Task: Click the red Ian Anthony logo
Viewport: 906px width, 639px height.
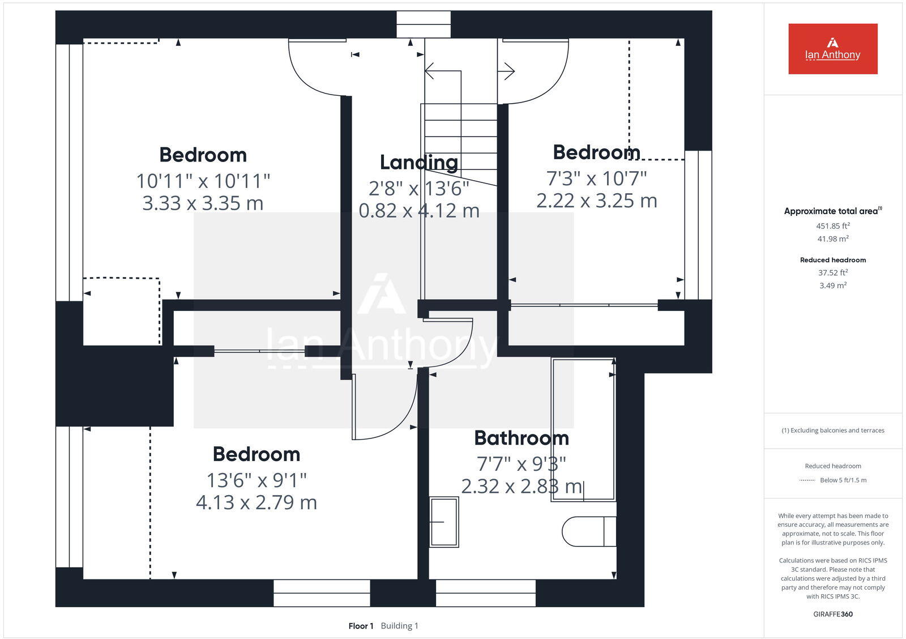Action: [x=832, y=49]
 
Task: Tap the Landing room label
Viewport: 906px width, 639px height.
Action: [x=418, y=163]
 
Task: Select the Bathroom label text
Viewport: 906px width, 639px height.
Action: [x=521, y=438]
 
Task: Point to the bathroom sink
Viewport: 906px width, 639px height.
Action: [x=443, y=522]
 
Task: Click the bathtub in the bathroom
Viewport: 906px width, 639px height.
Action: [x=584, y=429]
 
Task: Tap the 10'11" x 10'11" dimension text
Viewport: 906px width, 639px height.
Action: [x=203, y=181]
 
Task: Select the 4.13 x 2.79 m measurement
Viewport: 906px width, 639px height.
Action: [x=256, y=502]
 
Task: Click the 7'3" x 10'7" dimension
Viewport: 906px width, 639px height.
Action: [x=596, y=178]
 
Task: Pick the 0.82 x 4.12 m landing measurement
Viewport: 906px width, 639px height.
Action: [x=418, y=211]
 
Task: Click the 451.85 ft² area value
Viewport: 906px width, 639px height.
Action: [x=832, y=225]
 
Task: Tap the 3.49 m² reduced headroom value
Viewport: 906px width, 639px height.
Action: [x=832, y=286]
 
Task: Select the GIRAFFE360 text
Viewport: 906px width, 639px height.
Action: [x=832, y=614]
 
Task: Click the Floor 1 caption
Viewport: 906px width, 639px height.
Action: [x=361, y=626]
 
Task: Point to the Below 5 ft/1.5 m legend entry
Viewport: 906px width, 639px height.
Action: [x=843, y=480]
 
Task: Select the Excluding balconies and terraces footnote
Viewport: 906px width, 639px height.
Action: [x=832, y=431]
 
